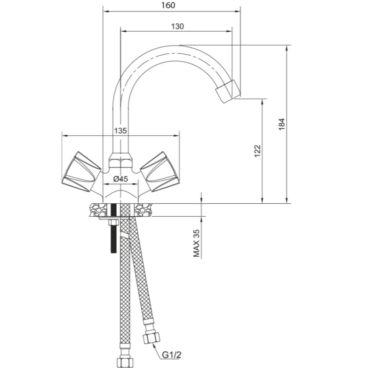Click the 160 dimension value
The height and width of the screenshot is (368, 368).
pos(168,5)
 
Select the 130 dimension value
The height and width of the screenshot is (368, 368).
pos(177,26)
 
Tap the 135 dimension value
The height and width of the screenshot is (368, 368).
pos(121,131)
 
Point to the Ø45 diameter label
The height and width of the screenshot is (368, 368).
pos(121,179)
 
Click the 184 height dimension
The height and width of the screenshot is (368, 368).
pos(282,124)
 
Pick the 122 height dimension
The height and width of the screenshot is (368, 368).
pos(258,151)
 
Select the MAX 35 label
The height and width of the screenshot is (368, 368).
pos(196,243)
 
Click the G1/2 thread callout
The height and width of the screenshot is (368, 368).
pos(172,355)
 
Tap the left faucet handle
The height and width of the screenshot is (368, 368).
pos(81,172)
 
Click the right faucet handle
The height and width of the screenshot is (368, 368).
pos(160,172)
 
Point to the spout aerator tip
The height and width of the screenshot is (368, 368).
pos(228,91)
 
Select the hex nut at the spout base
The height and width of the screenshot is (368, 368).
pos(120,160)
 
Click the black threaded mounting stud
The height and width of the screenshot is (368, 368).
pos(114,228)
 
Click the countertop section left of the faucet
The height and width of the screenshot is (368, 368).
pos(98,210)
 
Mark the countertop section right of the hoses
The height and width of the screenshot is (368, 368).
pos(144,210)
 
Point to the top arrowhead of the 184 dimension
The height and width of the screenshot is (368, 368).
pos(286,48)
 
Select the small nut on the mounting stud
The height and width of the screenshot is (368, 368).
pos(114,222)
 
